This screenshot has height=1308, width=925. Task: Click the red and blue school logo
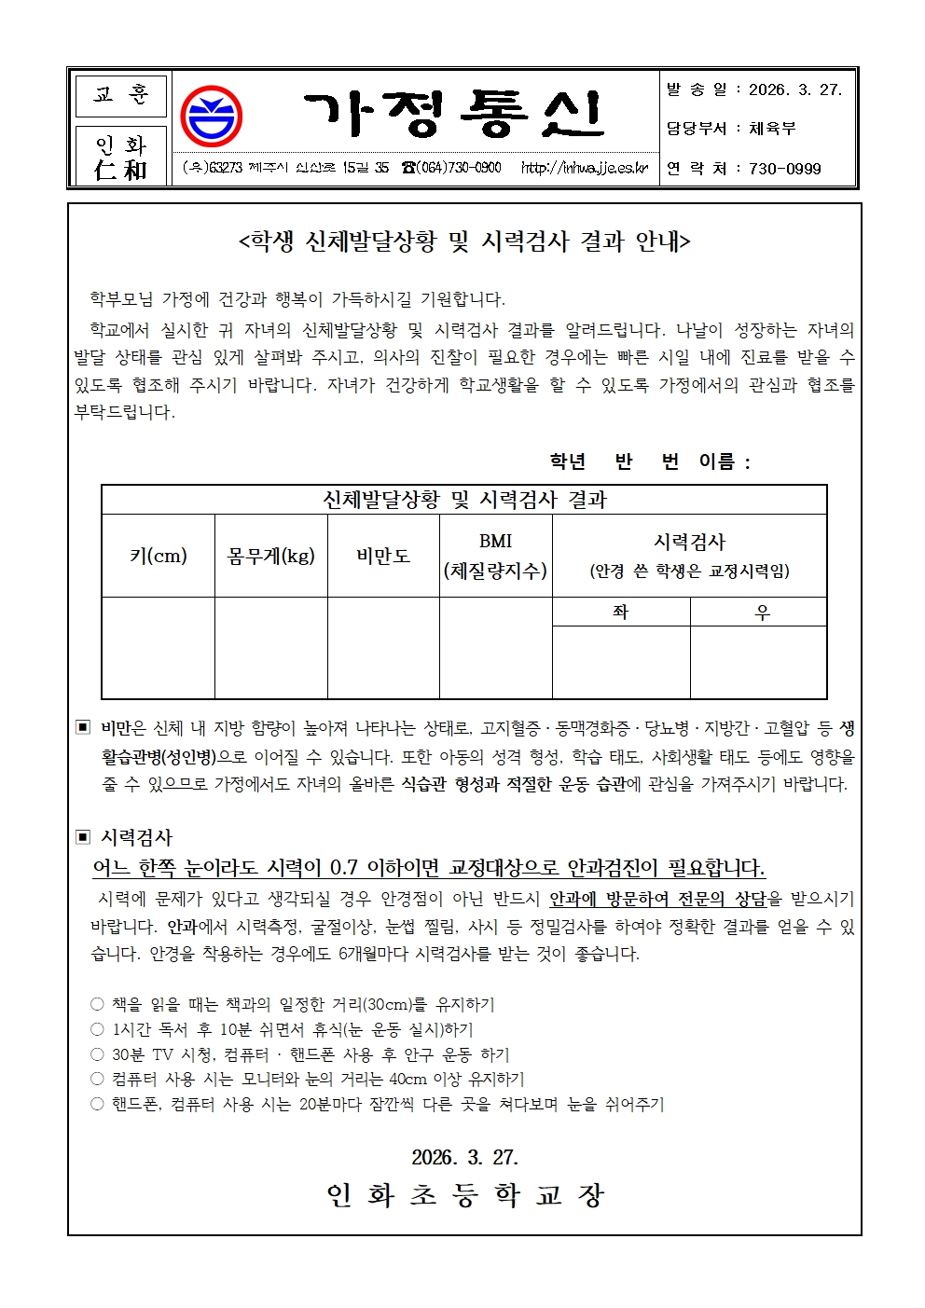[211, 117]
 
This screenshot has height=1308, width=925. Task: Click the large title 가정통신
[454, 116]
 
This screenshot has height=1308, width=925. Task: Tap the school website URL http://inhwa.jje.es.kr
[584, 168]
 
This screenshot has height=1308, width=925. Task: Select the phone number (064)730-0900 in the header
[451, 168]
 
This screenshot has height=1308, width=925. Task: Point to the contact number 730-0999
[784, 169]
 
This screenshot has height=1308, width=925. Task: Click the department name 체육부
[772, 129]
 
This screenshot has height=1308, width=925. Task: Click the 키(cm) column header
[158, 557]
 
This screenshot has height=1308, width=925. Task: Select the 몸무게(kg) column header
[270, 557]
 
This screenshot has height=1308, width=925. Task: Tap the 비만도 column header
[383, 557]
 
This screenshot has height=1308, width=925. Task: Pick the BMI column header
[495, 556]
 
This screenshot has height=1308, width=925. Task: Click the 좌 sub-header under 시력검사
[621, 612]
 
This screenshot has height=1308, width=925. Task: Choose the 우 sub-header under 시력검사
[761, 612]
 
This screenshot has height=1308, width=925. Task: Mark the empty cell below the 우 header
[758, 662]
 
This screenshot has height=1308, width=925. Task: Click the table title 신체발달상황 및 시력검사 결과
[463, 500]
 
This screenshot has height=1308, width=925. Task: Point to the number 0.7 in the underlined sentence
[344, 868]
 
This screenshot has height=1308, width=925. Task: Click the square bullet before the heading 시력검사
[83, 837]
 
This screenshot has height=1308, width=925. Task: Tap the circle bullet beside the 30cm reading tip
[97, 1004]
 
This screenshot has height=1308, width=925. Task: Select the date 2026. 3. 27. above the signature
[464, 1157]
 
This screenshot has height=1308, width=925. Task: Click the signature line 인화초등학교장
[464, 1195]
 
